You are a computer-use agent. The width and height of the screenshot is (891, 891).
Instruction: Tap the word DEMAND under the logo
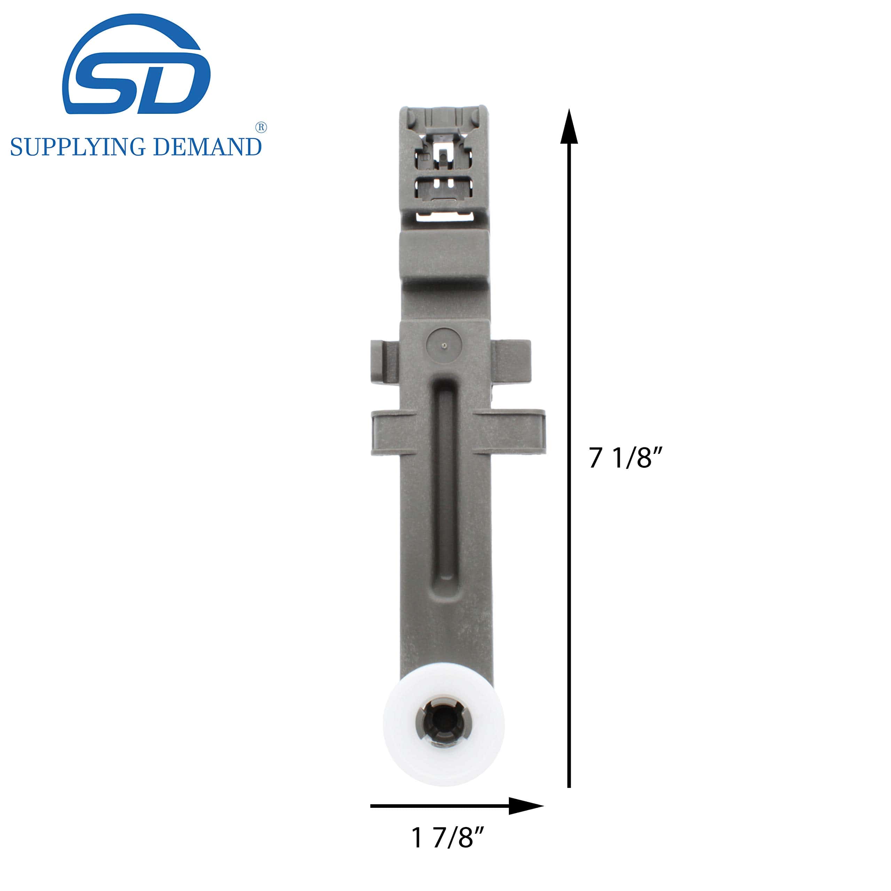point(207,147)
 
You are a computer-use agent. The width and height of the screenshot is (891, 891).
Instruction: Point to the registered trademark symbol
point(261,128)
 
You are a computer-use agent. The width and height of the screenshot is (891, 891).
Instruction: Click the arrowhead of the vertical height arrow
point(569,126)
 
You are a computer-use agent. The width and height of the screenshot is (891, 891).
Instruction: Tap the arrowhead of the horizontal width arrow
point(526,806)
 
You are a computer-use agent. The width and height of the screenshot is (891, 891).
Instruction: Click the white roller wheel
point(444,725)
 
